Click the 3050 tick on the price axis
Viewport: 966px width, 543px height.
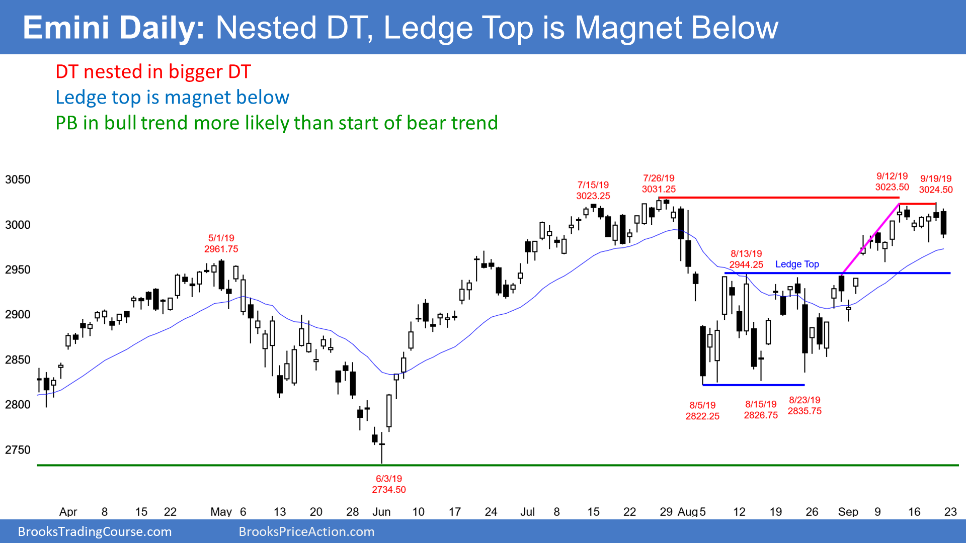pyautogui.click(x=18, y=179)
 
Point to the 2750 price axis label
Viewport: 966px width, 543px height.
pyautogui.click(x=18, y=450)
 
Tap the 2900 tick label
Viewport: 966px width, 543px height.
pyautogui.click(x=18, y=315)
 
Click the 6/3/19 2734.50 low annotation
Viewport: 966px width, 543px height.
pyautogui.click(x=388, y=484)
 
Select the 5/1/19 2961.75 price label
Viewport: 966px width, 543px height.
pyautogui.click(x=221, y=243)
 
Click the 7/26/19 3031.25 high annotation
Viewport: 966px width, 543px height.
pyautogui.click(x=659, y=184)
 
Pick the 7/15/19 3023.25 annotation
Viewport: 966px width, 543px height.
pyautogui.click(x=593, y=191)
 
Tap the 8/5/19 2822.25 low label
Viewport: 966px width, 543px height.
pyautogui.click(x=702, y=411)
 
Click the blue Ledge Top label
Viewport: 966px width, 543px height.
pyautogui.click(x=797, y=264)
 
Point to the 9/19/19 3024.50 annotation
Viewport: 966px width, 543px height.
pyautogui.click(x=936, y=184)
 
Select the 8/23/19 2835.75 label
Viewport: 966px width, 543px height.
pyautogui.click(x=804, y=406)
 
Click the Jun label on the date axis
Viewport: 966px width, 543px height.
pyautogui.click(x=381, y=512)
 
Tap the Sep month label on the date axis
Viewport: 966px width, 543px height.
pyautogui.click(x=848, y=512)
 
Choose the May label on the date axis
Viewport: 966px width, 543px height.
pyautogui.click(x=221, y=512)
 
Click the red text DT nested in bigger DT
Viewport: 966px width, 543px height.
pyautogui.click(x=153, y=72)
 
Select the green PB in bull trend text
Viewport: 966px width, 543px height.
pyautogui.click(x=276, y=123)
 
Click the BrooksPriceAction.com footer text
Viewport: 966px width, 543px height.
pyautogui.click(x=306, y=531)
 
